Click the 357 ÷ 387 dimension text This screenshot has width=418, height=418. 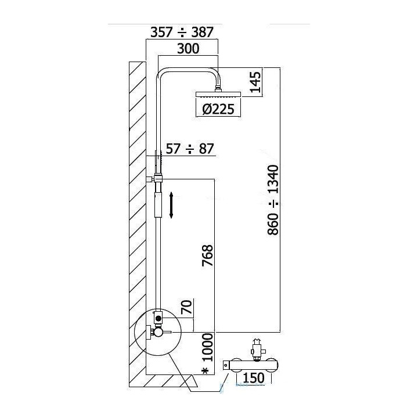point(182,33)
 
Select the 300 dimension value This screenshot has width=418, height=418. point(188,49)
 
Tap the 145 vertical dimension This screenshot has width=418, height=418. point(255,82)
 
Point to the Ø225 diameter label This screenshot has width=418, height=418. point(218,109)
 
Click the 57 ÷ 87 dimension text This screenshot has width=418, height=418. point(190,149)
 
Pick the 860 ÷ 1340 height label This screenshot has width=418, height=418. point(273,200)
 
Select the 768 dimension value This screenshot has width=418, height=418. point(207,255)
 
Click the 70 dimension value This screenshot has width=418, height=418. point(186,307)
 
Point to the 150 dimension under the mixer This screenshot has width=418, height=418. point(254,378)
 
